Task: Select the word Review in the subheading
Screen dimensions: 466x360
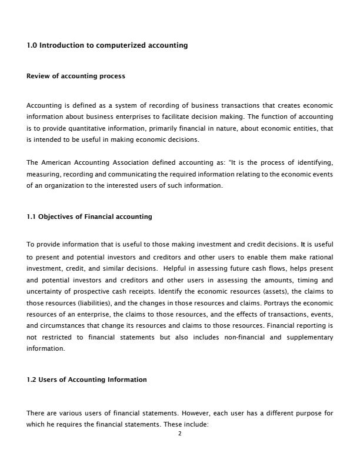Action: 38,76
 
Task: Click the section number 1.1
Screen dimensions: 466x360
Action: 32,217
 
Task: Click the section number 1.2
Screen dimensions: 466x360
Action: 32,380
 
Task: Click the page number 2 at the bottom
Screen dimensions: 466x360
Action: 180,434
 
